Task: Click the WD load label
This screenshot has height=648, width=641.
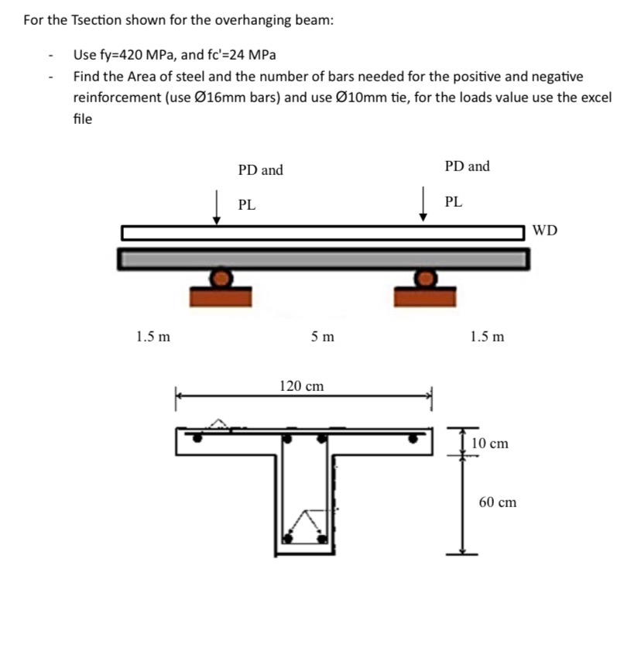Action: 545,231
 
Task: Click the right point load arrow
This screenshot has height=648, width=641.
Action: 423,205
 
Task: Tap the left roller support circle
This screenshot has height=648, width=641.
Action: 221,277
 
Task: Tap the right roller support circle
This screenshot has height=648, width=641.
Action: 425,277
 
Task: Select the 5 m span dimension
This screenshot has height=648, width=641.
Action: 322,337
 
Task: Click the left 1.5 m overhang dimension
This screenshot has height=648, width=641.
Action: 153,337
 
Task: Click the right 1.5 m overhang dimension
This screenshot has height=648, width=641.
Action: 487,337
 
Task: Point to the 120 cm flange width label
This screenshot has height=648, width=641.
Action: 301,386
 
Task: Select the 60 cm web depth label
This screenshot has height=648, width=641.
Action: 497,502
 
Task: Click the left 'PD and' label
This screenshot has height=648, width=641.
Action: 260,170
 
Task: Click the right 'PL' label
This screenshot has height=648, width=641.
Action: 454,202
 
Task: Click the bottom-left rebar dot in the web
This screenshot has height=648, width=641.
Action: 290,536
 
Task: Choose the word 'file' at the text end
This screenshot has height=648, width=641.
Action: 83,118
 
